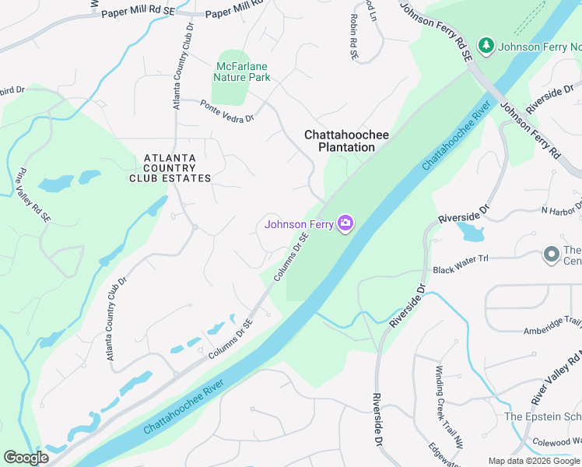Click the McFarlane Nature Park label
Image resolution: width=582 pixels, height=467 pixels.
(x=241, y=72)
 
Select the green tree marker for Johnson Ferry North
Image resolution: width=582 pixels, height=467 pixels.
(x=486, y=46)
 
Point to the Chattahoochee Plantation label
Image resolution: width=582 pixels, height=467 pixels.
(x=346, y=141)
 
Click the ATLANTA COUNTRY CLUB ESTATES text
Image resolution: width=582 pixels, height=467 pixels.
(x=170, y=168)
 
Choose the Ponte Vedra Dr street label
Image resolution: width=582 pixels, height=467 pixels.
(x=227, y=112)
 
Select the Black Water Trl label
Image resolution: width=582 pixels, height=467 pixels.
(x=460, y=263)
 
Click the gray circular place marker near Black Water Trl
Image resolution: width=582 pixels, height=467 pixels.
(x=551, y=255)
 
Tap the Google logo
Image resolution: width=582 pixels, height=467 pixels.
(x=26, y=458)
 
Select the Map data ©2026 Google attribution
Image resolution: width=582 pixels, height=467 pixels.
(x=533, y=461)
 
